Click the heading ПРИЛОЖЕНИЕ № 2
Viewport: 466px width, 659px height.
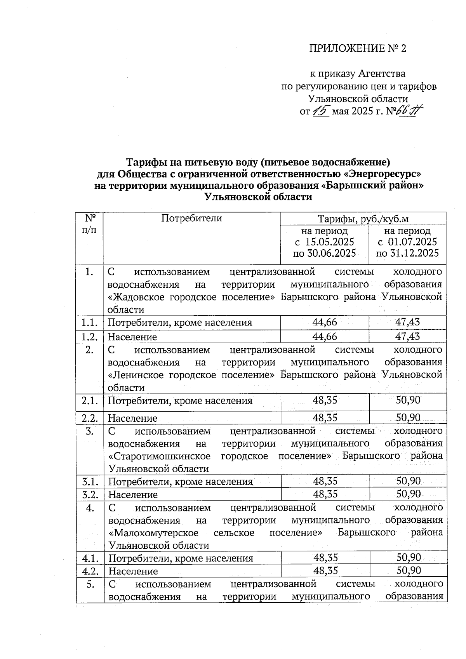357,49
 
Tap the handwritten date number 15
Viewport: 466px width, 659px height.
321,111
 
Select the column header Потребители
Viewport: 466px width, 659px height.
191,218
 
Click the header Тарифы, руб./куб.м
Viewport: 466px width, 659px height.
363,219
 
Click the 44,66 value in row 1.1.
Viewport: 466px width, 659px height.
325,322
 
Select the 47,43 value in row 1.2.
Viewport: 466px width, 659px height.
407,336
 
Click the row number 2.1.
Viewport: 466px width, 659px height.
90,400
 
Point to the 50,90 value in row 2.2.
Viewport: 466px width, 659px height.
408,417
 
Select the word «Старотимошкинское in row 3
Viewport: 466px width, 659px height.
160,456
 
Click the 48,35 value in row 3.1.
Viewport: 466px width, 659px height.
325,482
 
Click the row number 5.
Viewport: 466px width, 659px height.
90,584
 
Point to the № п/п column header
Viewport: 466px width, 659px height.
90,223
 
